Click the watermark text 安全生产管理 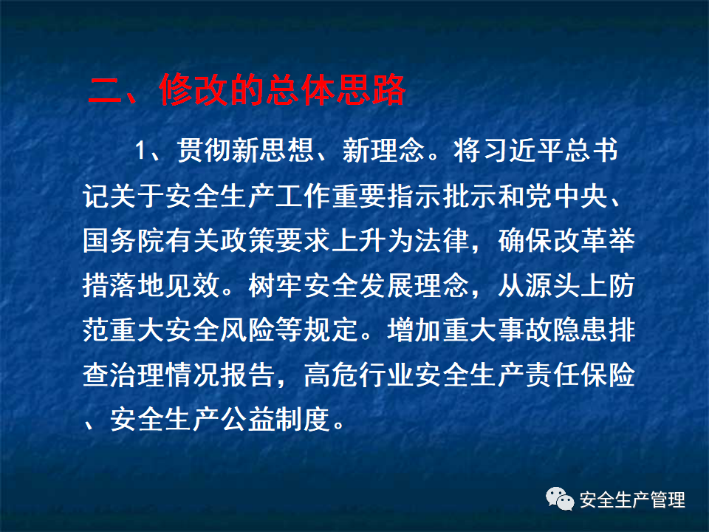click(x=632, y=500)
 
